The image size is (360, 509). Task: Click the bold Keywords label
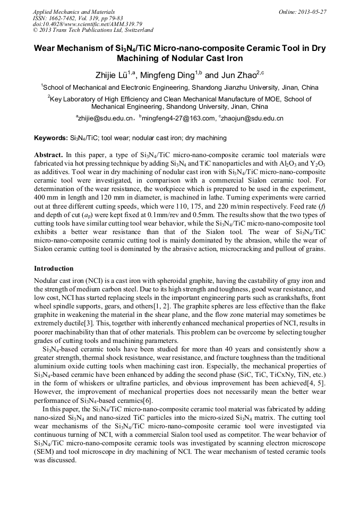pyautogui.click(x=51, y=138)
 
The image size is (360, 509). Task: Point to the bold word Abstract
pyautogui.click(x=49, y=154)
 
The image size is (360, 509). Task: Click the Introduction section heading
pyautogui.click(x=54, y=269)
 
